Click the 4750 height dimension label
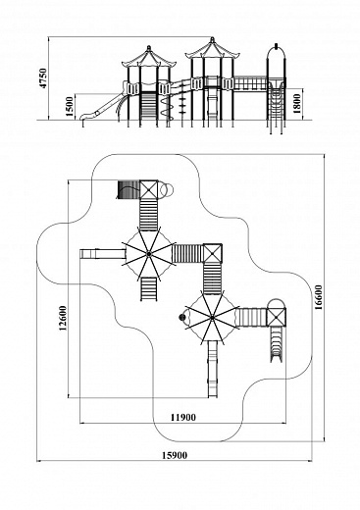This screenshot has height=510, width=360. pos(43,77)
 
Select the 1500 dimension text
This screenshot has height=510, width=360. pos(70,106)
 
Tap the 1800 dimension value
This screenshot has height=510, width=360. pos(297,103)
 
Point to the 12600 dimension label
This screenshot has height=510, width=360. pos(63,318)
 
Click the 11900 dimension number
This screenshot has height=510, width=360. pos(183,417)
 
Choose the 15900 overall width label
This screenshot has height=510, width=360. pos(175,455)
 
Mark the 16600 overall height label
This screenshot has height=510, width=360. pos(319,297)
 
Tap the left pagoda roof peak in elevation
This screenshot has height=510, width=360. pos(149,47)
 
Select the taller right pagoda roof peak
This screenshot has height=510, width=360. pos(212,39)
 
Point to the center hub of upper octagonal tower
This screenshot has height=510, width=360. pos(148,254)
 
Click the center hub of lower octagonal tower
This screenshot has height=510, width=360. pos(212,317)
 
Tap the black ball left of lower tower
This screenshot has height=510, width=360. pos(181,317)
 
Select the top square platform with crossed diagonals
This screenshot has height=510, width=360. pos(149,189)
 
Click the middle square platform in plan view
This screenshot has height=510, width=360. pos(213,253)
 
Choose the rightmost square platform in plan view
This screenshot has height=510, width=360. pos(277,317)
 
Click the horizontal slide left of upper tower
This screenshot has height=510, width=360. pos(103,254)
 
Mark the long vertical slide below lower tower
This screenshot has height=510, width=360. pos(213,369)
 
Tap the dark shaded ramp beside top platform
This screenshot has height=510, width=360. pos(129,189)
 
